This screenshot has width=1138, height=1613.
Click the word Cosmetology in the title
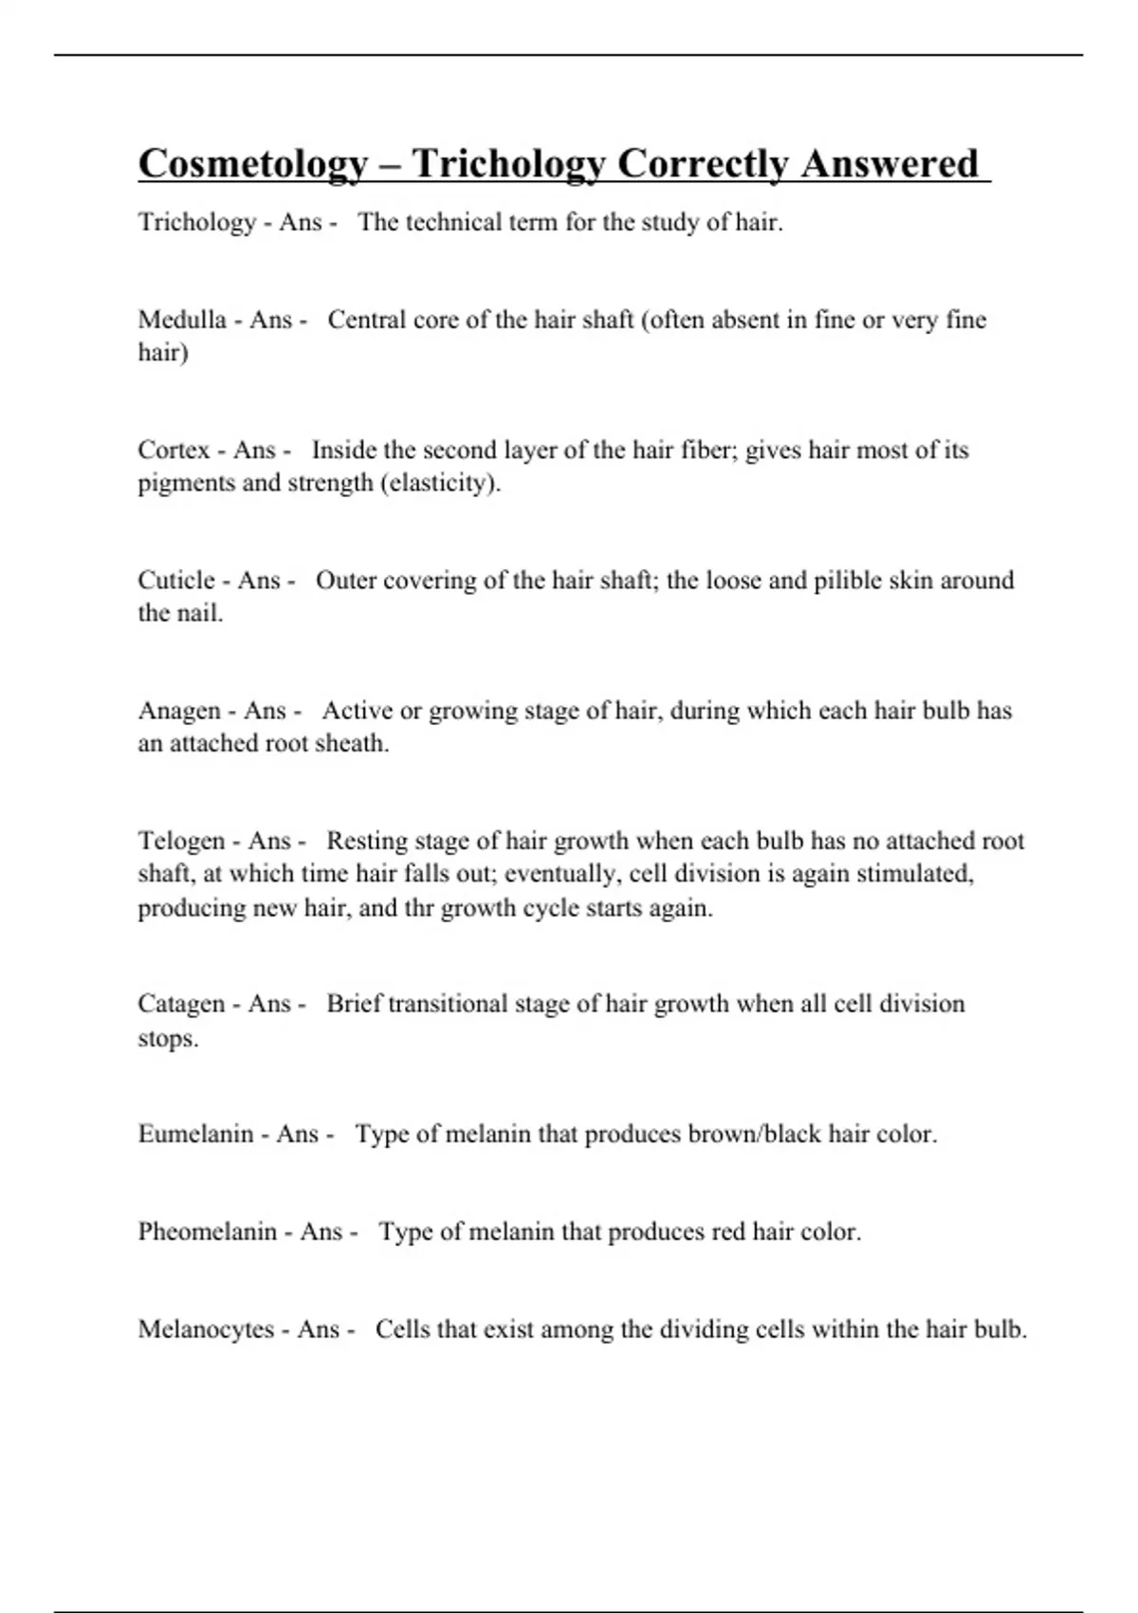[x=252, y=164]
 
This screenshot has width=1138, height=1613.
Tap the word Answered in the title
[x=889, y=164]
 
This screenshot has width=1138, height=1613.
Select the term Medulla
[x=181, y=320]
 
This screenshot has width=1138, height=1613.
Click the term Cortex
[x=174, y=450]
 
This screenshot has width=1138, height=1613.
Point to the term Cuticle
[x=176, y=580]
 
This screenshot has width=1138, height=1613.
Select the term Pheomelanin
[x=207, y=1232]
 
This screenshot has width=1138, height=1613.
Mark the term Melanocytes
[x=205, y=1329]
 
